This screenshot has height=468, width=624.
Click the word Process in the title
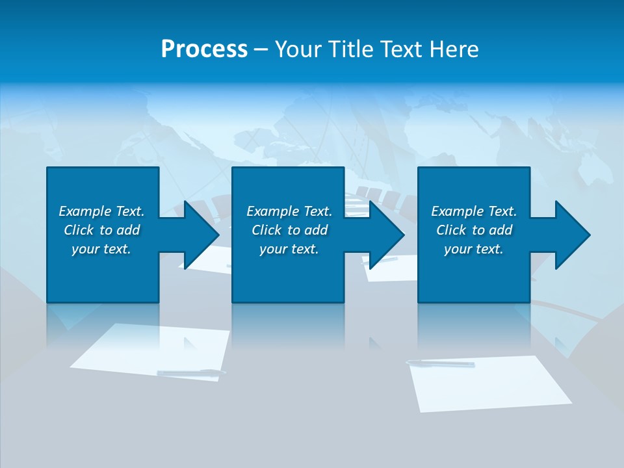click(x=204, y=49)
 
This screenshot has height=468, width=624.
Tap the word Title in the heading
click(x=351, y=49)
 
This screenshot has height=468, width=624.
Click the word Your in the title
click(x=298, y=49)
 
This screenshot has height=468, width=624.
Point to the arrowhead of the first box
click(x=201, y=235)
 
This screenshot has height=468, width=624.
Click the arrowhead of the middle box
click(x=386, y=235)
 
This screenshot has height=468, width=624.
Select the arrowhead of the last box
click(x=572, y=235)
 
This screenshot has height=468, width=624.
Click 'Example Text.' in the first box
click(x=101, y=211)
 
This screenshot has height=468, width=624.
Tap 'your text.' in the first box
click(x=101, y=249)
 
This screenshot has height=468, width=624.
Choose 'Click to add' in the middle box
click(x=289, y=230)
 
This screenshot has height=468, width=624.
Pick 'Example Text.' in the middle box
click(x=289, y=211)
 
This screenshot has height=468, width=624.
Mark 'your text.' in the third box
click(x=474, y=249)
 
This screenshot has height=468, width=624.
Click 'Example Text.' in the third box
click(x=474, y=211)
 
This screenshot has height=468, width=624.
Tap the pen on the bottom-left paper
click(x=191, y=372)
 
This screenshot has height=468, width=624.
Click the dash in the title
click(x=261, y=49)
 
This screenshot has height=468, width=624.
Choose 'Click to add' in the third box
click(x=474, y=230)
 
